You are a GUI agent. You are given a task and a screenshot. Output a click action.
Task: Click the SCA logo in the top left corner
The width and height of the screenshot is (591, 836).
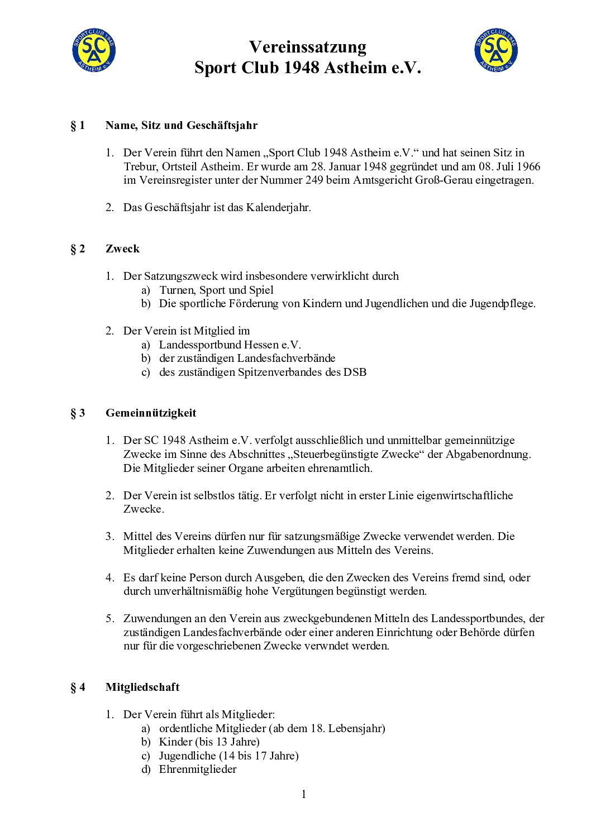(94, 50)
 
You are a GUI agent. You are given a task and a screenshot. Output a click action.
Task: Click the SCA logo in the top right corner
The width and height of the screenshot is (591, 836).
(496, 50)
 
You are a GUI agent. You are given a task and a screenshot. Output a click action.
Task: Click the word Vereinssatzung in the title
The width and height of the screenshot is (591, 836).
(307, 46)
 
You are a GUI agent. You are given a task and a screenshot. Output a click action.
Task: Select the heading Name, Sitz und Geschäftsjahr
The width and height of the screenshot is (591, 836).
(182, 125)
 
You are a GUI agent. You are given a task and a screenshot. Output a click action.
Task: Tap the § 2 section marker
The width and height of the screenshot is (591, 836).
(78, 249)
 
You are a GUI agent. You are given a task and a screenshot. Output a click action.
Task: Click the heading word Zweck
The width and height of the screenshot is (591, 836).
(122, 249)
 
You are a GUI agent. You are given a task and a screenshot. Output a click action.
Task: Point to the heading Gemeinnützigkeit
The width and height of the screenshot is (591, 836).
(151, 413)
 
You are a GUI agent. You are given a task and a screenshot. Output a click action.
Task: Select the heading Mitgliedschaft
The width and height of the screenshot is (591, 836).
(142, 687)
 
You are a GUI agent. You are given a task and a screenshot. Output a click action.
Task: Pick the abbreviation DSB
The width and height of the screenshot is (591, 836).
(355, 372)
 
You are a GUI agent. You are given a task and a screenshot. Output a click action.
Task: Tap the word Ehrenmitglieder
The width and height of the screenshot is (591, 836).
(198, 769)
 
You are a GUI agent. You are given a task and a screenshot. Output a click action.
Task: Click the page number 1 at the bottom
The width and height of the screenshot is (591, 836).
(304, 794)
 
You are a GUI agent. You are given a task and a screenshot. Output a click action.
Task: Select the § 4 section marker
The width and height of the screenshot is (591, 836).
(78, 687)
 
